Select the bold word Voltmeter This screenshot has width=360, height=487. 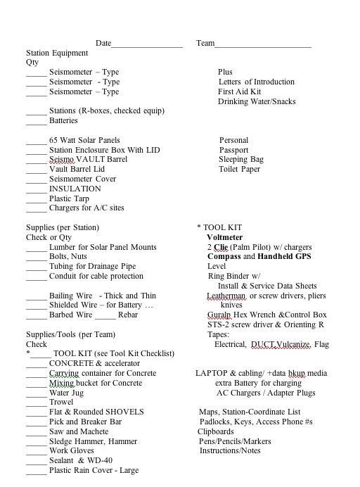225,238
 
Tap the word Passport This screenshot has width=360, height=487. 233,150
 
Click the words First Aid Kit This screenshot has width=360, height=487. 239,91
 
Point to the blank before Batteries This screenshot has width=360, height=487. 36,122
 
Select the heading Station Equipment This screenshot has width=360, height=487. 57,53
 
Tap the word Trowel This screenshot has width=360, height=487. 61,403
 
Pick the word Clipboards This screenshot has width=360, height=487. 216,431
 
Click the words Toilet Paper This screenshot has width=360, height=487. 240,169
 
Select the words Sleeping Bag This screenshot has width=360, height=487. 241,160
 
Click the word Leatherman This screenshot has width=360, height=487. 226,296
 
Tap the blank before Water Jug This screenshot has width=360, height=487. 36,393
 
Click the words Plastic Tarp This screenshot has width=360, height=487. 69,198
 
